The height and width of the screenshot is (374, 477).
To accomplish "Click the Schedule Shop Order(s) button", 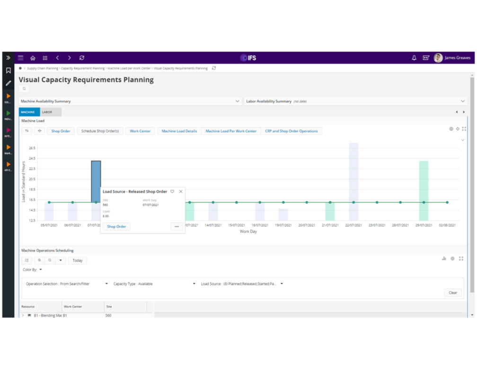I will click(x=100, y=131).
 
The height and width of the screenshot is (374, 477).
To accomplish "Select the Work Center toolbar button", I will click(x=140, y=131).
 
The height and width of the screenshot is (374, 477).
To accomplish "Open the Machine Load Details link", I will click(x=179, y=131).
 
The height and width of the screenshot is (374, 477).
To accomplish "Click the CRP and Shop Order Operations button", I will click(x=291, y=131).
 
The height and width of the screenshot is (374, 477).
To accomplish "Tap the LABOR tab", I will click(x=47, y=112).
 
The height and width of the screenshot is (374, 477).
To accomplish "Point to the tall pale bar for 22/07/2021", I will click(x=353, y=180).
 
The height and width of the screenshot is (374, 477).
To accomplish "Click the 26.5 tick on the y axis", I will click(x=32, y=148).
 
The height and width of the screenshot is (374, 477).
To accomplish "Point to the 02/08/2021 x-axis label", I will click(x=447, y=225).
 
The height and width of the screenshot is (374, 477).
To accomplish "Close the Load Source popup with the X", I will click(x=181, y=192).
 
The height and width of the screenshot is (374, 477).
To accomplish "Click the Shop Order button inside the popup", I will click(x=116, y=227).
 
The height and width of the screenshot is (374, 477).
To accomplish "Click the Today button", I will click(x=78, y=260).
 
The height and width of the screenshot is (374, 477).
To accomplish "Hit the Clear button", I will click(x=453, y=293).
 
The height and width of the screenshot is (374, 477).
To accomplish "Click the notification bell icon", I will click(x=414, y=58).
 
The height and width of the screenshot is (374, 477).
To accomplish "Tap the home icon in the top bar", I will click(x=33, y=58).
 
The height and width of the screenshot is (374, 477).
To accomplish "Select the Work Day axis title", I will click(x=248, y=232).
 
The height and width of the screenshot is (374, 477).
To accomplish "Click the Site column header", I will click(x=109, y=307).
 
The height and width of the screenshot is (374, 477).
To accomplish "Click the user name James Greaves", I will click(x=457, y=58).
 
